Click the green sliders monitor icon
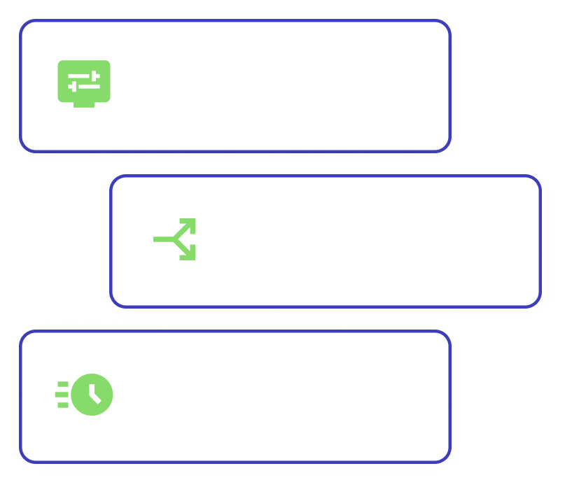click(83, 83)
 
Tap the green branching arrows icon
click(174, 239)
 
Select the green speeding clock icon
click(85, 395)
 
